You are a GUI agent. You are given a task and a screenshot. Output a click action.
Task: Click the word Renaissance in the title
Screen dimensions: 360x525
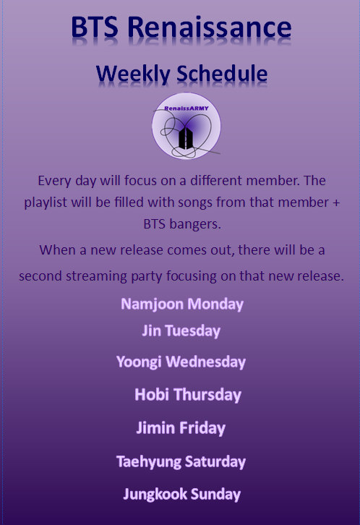210,27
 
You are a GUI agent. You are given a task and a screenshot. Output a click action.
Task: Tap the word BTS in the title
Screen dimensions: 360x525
95,27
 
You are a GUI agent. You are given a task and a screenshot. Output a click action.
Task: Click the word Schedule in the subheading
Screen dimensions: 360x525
222,73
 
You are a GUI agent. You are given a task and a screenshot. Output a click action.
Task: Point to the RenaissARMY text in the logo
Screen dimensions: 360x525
187,108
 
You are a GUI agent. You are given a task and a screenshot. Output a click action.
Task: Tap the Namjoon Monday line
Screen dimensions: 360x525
182,304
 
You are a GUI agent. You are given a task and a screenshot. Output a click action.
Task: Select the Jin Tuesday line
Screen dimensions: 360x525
181,330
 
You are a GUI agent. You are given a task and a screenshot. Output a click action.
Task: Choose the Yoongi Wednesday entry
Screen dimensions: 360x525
181,362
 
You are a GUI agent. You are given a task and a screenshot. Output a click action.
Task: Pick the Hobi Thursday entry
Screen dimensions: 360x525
188,395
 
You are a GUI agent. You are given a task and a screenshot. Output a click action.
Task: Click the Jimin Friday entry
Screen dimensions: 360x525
181,428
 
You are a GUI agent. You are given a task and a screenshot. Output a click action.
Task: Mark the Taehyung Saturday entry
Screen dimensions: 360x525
181,461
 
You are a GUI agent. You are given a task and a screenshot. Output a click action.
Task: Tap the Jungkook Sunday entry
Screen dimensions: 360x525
182,494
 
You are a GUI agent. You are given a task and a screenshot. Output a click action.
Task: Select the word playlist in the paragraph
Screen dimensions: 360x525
46,202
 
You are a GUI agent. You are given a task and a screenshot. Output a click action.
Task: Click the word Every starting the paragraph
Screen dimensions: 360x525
54,181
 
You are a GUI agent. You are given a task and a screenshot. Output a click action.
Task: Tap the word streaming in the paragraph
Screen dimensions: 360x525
96,276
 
